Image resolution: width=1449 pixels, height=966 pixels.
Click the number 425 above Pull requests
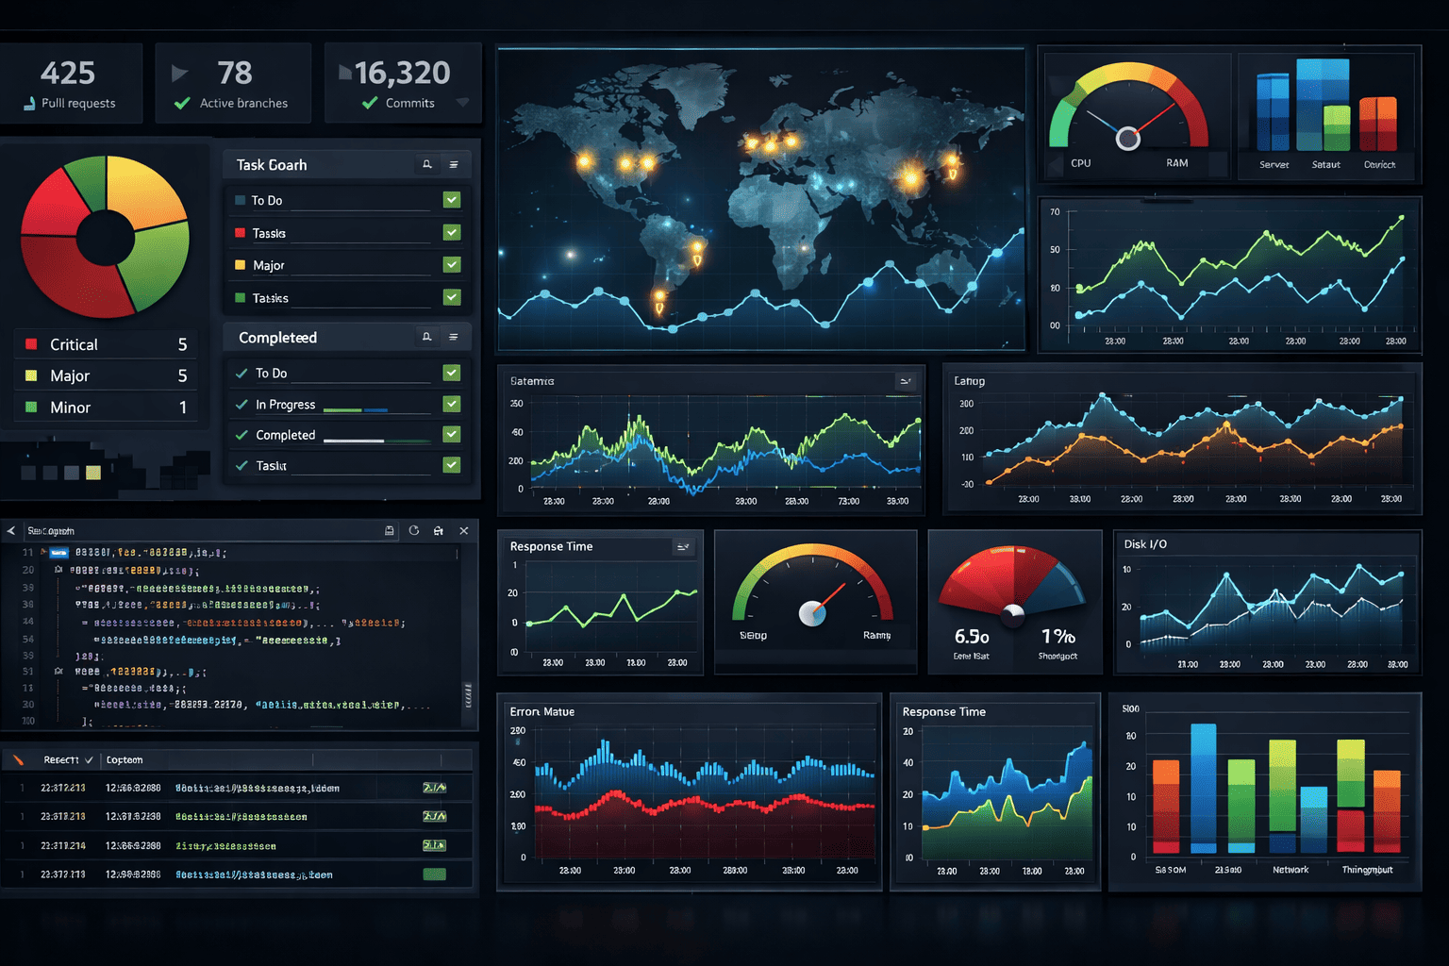pyautogui.click(x=68, y=73)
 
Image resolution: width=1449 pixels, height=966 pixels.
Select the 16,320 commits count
pyautogui.click(x=403, y=73)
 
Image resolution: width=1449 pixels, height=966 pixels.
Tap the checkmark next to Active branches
pyautogui.click(x=182, y=103)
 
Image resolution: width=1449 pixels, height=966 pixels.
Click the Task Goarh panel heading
pyautogui.click(x=272, y=165)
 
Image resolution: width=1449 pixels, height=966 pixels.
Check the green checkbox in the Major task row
pyautogui.click(x=452, y=265)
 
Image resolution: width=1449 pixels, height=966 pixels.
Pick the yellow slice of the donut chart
pyautogui.click(x=143, y=192)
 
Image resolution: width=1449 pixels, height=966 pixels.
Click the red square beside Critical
pyautogui.click(x=31, y=344)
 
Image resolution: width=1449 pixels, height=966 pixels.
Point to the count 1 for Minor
pyautogui.click(x=183, y=408)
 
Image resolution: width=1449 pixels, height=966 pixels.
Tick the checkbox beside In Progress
pyautogui.click(x=452, y=404)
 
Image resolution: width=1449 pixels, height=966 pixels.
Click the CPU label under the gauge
pyautogui.click(x=1081, y=163)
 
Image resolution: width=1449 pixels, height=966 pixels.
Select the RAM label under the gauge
pyautogui.click(x=1177, y=163)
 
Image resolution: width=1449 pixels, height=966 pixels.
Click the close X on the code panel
pyautogui.click(x=464, y=531)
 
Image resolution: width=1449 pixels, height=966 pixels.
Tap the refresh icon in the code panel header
pyautogui.click(x=414, y=531)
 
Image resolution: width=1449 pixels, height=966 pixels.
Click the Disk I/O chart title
pyautogui.click(x=1145, y=544)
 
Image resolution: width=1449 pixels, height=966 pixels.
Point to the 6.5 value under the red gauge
pyautogui.click(x=972, y=637)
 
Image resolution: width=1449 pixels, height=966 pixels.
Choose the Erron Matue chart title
pyautogui.click(x=542, y=712)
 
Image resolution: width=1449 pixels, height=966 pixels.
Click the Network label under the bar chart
pyautogui.click(x=1291, y=870)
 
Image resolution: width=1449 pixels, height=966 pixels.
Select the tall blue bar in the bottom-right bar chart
pyautogui.click(x=1204, y=788)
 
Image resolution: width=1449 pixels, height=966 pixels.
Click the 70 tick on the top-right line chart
pyautogui.click(x=1055, y=212)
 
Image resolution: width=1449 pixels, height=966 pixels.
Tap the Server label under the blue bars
pyautogui.click(x=1274, y=165)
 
